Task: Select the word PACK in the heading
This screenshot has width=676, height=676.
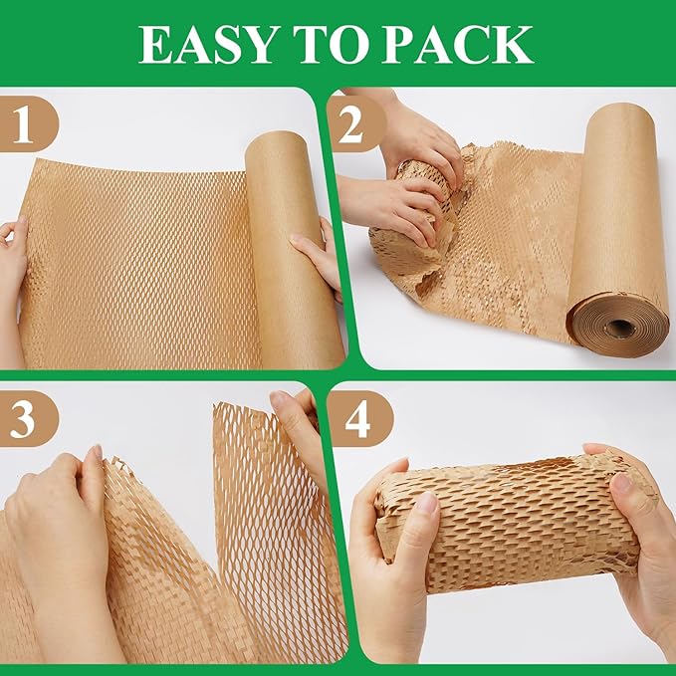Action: coord(458,45)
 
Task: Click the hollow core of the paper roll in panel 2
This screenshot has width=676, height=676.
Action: coord(620,327)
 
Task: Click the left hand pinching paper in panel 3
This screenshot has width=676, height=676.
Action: coord(61,539)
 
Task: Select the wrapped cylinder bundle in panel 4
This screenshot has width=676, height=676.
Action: coord(509,522)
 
